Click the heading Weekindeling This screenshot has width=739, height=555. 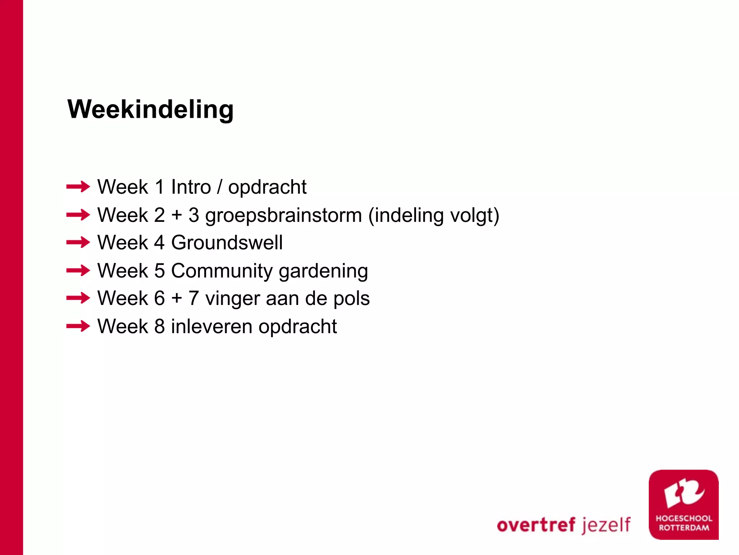tap(150, 109)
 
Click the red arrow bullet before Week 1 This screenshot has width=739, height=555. tap(78, 187)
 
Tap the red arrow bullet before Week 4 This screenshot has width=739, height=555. tap(78, 242)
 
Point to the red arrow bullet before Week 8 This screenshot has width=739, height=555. tap(78, 326)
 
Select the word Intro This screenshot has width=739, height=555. tap(191, 187)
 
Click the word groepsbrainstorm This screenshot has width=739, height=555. tap(283, 216)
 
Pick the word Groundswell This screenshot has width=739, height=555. tap(227, 242)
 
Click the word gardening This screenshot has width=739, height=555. tap(323, 271)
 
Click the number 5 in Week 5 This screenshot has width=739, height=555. tap(159, 271)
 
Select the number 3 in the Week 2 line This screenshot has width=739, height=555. tap(194, 215)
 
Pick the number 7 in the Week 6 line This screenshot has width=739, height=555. tap(194, 298)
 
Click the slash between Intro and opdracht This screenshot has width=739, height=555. tap(219, 187)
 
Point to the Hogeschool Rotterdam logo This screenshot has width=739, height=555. tap(683, 504)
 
